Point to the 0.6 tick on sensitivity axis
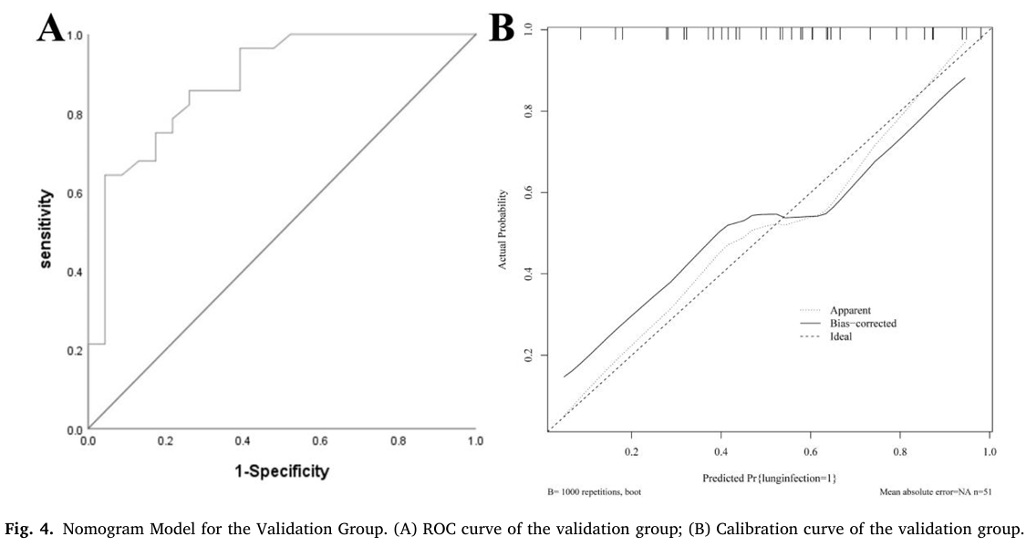[x=75, y=193]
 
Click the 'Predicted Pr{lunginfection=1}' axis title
[x=770, y=478]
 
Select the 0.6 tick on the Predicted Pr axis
[x=811, y=450]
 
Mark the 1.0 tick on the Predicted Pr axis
[x=990, y=450]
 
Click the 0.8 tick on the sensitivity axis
[x=75, y=115]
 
